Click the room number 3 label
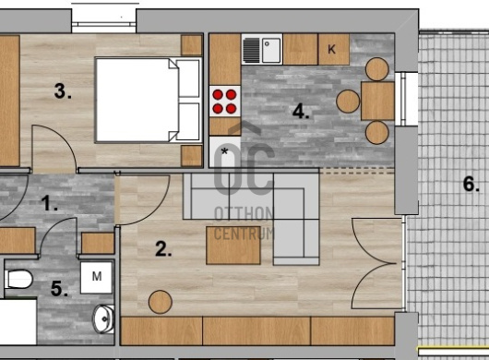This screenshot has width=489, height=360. (63, 91)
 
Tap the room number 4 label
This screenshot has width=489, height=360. (301, 111)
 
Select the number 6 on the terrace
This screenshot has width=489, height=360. (471, 184)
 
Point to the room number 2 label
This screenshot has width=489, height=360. (163, 249)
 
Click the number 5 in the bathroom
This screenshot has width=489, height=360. (59, 288)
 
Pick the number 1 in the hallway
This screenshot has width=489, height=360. (50, 203)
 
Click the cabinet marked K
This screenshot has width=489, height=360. (334, 49)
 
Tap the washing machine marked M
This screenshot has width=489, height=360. (96, 278)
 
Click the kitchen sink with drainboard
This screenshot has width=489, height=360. (262, 49)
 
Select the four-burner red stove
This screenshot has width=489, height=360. (224, 102)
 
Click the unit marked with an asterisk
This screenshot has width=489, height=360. (224, 152)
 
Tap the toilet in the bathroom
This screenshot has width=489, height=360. (18, 279)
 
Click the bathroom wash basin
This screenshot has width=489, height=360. (103, 318)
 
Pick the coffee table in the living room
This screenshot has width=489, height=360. (233, 246)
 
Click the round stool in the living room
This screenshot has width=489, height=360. (161, 302)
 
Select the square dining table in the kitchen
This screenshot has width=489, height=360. (377, 101)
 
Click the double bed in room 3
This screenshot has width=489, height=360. (149, 100)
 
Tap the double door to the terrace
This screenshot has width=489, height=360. (377, 264)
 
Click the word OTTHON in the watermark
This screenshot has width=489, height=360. (244, 214)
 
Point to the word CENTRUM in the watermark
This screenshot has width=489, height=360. (244, 234)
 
